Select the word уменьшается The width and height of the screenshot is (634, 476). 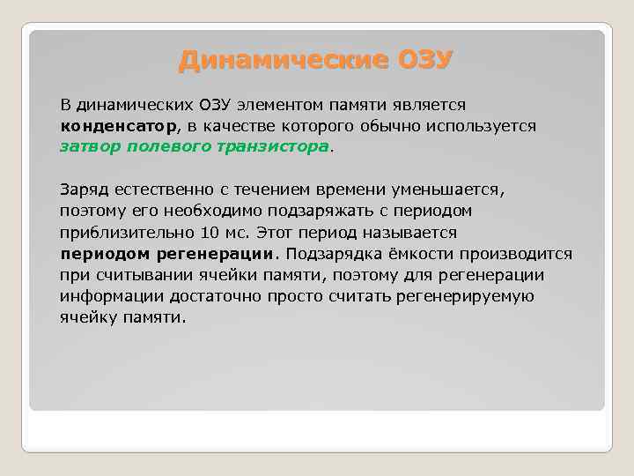click(x=453, y=190)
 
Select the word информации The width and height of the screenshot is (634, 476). click(x=109, y=295)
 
